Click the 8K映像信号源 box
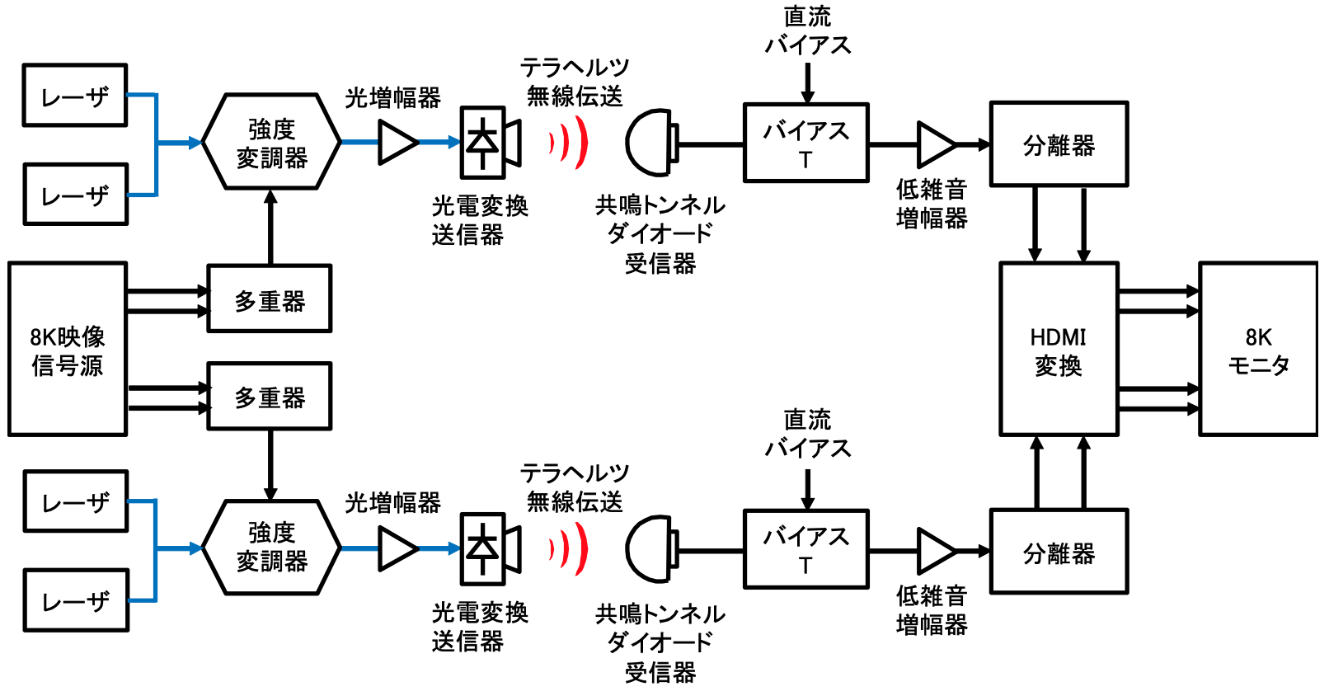coord(68,349)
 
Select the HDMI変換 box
coord(1059,349)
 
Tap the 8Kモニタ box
coord(1258,349)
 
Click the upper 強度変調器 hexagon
coord(271,142)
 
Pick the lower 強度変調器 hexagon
coord(271,548)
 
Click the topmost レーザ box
coord(75,96)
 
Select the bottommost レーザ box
coord(76,600)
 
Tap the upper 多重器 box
coord(270,299)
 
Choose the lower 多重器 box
coord(270,396)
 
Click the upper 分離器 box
coord(1059,144)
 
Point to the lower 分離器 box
coord(1059,552)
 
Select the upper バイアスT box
coord(805,143)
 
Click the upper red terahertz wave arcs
coord(570,143)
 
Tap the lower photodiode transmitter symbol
coord(490,548)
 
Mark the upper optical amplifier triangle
coord(397,143)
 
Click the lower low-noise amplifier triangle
coord(935,550)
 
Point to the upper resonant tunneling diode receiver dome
coord(650,143)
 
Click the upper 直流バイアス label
coord(807,31)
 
